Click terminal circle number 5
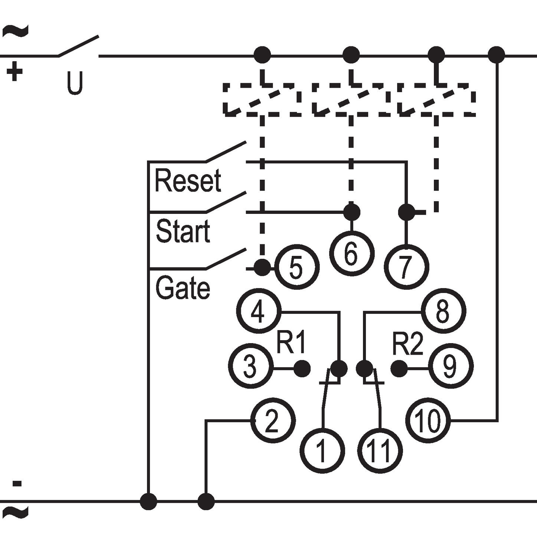(x=297, y=267)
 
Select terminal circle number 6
(x=351, y=254)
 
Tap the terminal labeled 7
(x=407, y=267)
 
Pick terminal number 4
(x=258, y=311)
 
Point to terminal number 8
(x=443, y=311)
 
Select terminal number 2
(x=272, y=421)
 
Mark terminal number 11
(x=380, y=450)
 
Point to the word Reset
(x=188, y=180)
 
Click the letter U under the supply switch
(x=75, y=82)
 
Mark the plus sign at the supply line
(x=14, y=71)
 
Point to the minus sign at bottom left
(x=17, y=483)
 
